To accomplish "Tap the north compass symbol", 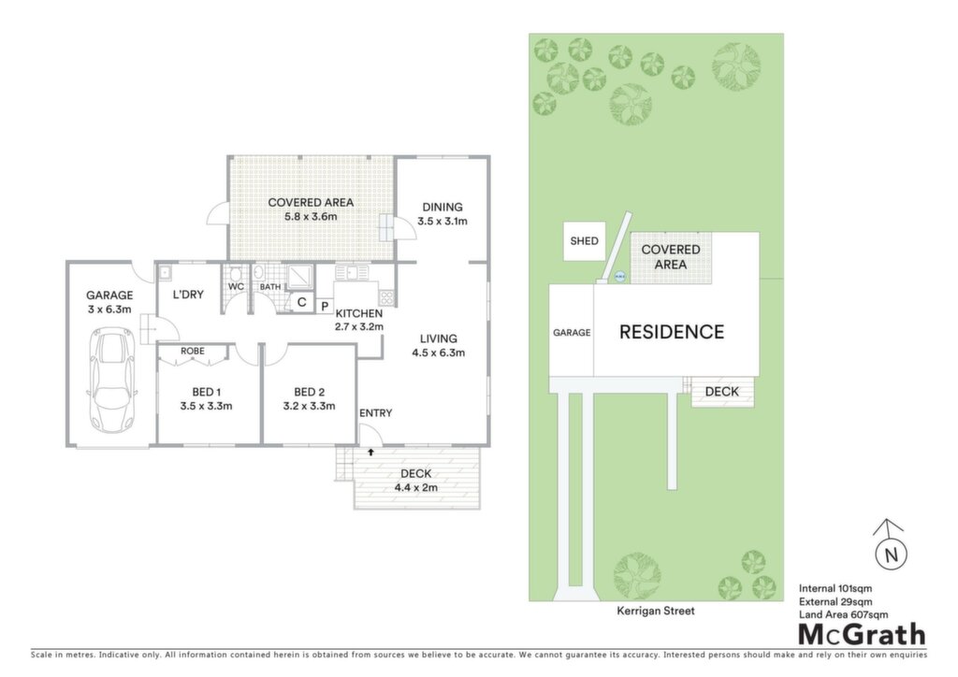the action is coord(891,551).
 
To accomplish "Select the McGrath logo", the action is coord(862,635).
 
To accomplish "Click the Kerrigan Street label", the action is coord(656,611).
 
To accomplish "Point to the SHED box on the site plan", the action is coord(584,241).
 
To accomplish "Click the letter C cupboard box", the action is coord(301,302).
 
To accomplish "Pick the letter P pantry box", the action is coord(325,306).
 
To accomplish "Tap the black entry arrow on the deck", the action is coord(370,453).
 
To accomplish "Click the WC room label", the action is coord(236,286).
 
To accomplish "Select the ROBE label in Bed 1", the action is coord(193,351).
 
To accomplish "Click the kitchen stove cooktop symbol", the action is coord(386,297).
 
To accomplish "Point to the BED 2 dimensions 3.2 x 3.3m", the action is coord(309,406).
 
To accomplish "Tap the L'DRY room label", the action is coord(188,295).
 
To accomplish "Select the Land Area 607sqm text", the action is coord(843,614).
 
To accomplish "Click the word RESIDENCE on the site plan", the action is coord(672,331).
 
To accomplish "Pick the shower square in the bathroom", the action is coord(300,277).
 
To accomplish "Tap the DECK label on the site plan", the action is coord(721,391).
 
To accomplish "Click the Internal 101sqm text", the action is coord(835,588).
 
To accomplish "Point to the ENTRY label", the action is coord(376,413).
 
